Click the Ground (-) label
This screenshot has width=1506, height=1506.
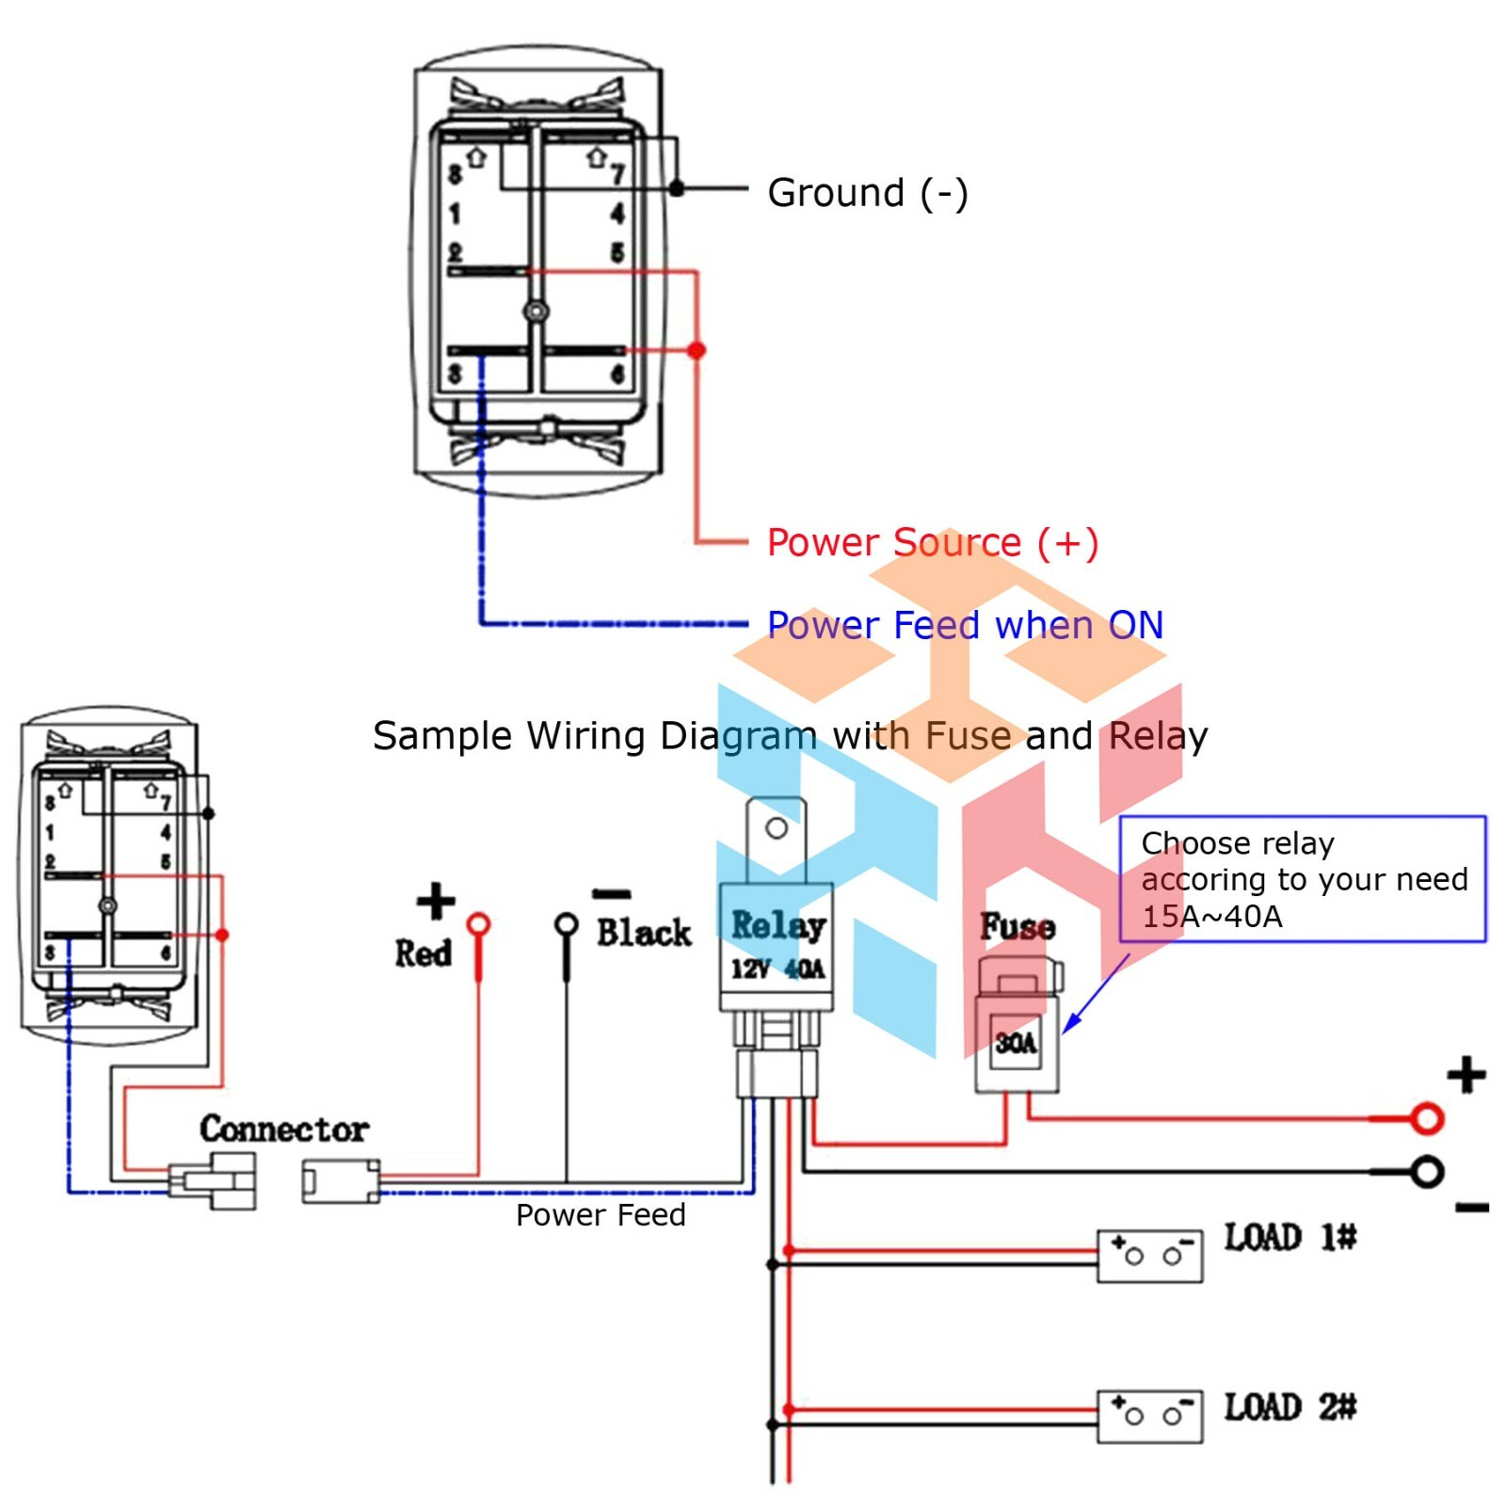(x=867, y=193)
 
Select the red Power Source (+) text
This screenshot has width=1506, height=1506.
(x=933, y=543)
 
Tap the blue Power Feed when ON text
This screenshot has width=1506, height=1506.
(x=965, y=625)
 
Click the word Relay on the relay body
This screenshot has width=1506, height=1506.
(x=778, y=925)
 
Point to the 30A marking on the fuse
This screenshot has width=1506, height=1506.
(x=1016, y=1043)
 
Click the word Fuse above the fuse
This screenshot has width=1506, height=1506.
(x=1017, y=926)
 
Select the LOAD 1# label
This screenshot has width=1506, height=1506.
(x=1290, y=1237)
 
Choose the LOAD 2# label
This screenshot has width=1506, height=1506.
(x=1290, y=1407)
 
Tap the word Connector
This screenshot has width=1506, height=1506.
(x=284, y=1129)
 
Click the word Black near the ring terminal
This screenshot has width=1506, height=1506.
(x=644, y=933)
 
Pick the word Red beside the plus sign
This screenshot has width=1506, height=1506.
(x=424, y=953)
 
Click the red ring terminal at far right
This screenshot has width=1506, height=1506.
(x=1427, y=1118)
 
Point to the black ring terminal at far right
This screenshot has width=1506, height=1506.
(x=1427, y=1172)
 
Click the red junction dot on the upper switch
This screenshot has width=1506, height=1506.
(x=697, y=350)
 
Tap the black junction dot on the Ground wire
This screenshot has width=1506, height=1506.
(x=676, y=189)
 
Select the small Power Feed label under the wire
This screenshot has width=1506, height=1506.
(x=601, y=1215)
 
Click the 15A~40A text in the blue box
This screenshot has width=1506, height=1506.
(x=1212, y=916)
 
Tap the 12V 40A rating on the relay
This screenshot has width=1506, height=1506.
(x=778, y=969)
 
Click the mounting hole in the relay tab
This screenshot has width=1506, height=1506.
(x=777, y=828)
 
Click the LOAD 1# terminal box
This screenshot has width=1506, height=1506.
(x=1150, y=1256)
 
